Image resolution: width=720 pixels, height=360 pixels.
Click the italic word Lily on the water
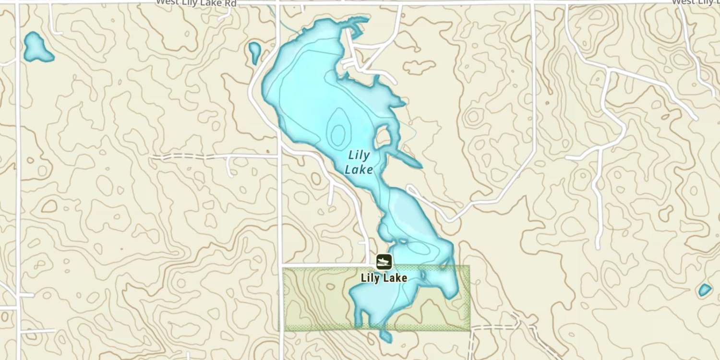click(x=359, y=156)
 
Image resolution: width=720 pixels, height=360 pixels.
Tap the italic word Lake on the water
click(x=359, y=169)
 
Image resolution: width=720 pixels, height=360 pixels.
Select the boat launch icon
click(x=384, y=262)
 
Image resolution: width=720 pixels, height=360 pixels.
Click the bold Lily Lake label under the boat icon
click(x=384, y=278)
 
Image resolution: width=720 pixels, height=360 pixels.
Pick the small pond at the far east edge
click(x=704, y=289)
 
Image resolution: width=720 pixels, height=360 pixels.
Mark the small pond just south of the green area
click(x=385, y=336)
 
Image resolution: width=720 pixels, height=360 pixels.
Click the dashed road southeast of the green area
click(x=494, y=327)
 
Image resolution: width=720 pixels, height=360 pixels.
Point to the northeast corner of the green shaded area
click(x=468, y=266)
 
